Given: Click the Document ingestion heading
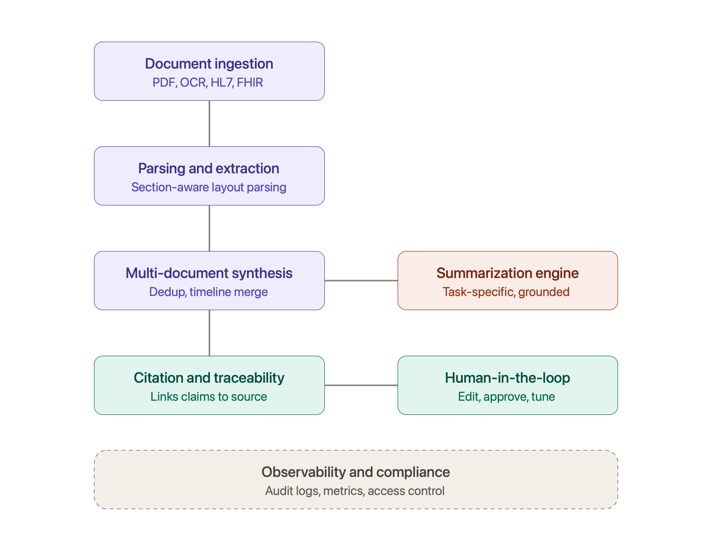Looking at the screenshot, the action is pyautogui.click(x=209, y=64).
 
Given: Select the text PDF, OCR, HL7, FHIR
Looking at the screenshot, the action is pyautogui.click(x=208, y=82).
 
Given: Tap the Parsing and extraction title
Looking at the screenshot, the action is pyautogui.click(x=209, y=168).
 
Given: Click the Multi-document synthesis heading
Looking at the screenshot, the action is pyautogui.click(x=209, y=273).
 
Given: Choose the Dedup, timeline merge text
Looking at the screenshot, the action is pyautogui.click(x=209, y=292).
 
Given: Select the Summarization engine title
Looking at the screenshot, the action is pyautogui.click(x=508, y=273).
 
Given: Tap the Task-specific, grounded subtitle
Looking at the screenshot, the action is pyautogui.click(x=506, y=292).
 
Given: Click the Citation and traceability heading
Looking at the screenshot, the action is pyautogui.click(x=209, y=377).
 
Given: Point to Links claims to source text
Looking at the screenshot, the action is pyautogui.click(x=209, y=397).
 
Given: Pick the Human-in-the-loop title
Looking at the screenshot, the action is pyautogui.click(x=508, y=377).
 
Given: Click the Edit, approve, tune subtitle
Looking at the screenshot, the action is pyautogui.click(x=507, y=397).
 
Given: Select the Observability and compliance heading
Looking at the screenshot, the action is pyautogui.click(x=356, y=472).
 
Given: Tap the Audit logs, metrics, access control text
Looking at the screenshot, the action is pyautogui.click(x=355, y=491).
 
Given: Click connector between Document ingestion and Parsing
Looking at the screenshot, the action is pyautogui.click(x=210, y=124).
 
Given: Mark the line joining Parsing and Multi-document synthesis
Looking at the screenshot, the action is pyautogui.click(x=210, y=228).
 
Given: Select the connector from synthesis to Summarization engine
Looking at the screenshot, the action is pyautogui.click(x=361, y=281).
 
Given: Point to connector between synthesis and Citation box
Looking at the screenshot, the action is pyautogui.click(x=210, y=333).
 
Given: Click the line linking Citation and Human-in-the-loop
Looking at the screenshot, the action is pyautogui.click(x=361, y=385).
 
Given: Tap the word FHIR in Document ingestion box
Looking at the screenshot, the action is pyautogui.click(x=250, y=82).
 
